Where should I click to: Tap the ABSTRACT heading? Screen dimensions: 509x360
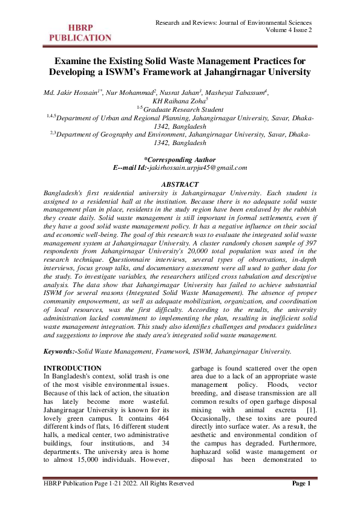(180, 182)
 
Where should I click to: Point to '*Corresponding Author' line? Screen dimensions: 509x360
(180, 158)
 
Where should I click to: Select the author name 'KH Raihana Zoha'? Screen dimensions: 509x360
(178, 101)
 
